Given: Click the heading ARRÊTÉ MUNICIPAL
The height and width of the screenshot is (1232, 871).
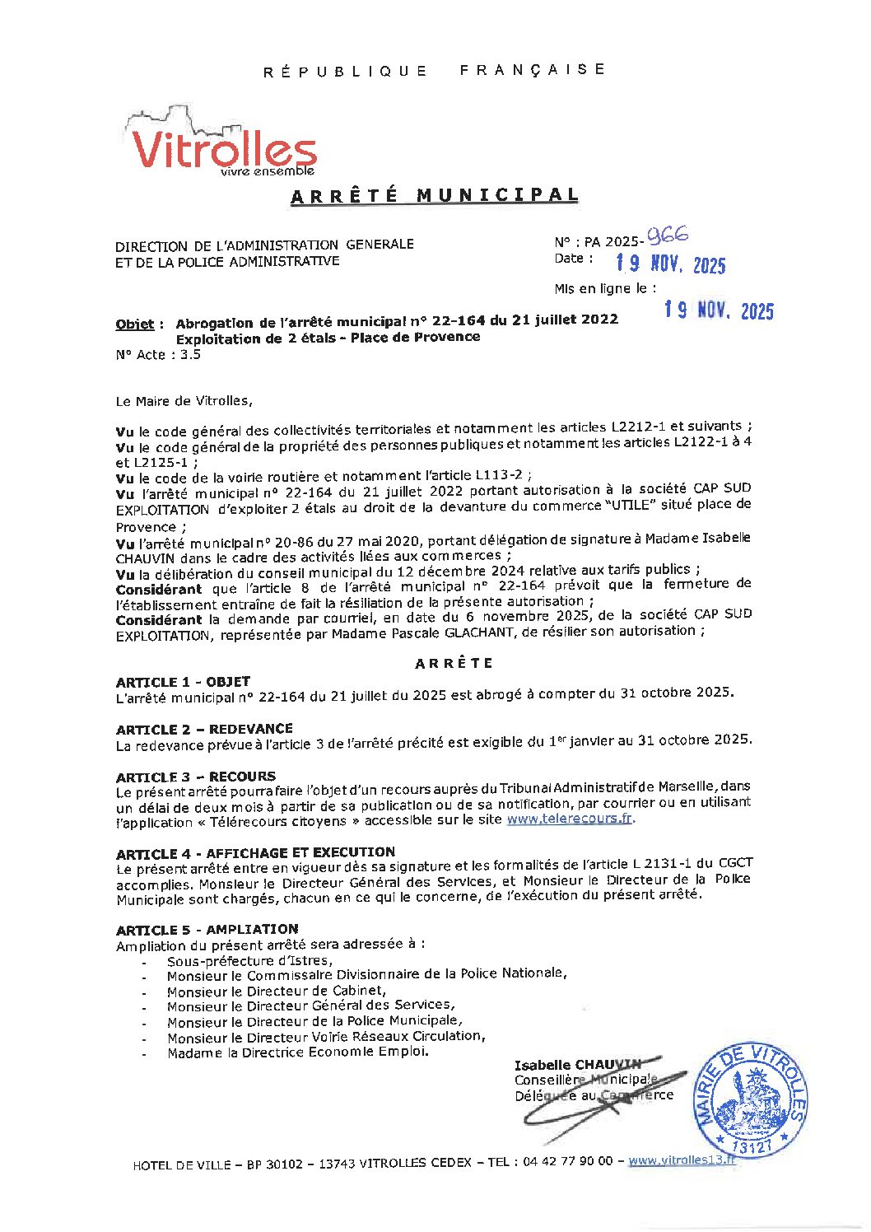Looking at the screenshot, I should pyautogui.click(x=435, y=195).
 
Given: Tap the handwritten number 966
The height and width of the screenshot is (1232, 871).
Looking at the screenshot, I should pyautogui.click(x=668, y=236).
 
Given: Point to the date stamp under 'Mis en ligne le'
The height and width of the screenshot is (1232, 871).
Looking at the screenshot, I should pyautogui.click(x=719, y=310).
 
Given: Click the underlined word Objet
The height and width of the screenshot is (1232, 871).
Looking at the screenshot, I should pyautogui.click(x=134, y=324).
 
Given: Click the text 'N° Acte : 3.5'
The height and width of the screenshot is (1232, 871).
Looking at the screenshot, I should pyautogui.click(x=158, y=355).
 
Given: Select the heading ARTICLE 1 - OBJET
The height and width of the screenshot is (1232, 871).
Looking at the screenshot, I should pyautogui.click(x=183, y=682).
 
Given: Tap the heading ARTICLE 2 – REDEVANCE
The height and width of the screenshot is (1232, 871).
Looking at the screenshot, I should pyautogui.click(x=204, y=729).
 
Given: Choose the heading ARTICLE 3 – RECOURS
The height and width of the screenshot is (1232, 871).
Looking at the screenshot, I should pyautogui.click(x=196, y=777).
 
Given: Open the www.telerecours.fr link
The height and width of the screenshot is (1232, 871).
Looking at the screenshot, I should pyautogui.click(x=570, y=819).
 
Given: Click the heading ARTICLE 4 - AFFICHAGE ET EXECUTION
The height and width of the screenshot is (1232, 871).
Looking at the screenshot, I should pyautogui.click(x=255, y=852).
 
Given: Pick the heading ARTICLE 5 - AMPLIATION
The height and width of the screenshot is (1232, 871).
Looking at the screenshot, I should pyautogui.click(x=207, y=929).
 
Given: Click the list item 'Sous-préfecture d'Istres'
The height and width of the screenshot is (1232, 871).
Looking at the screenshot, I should pyautogui.click(x=249, y=960).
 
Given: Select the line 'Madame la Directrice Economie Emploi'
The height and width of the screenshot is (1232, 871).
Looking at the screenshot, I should pyautogui.click(x=297, y=1052).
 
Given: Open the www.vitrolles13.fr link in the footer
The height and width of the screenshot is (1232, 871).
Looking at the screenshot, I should pyautogui.click(x=682, y=1160).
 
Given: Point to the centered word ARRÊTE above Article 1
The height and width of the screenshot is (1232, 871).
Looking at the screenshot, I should pyautogui.click(x=454, y=663).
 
